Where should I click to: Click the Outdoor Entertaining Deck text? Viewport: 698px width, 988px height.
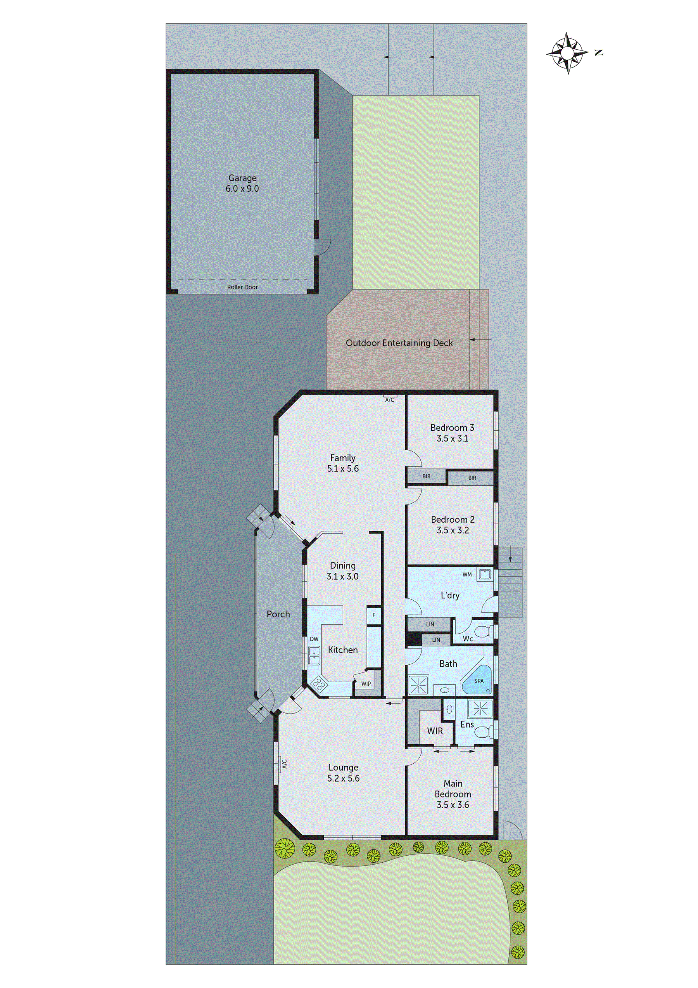coord(399,343)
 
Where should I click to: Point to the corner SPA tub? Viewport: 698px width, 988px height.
coord(478,681)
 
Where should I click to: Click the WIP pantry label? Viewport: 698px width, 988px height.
coord(366,684)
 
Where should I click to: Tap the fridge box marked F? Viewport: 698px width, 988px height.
coord(373,615)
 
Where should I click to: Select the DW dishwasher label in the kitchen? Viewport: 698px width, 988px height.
coord(314,639)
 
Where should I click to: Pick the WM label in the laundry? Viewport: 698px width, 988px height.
coord(467,574)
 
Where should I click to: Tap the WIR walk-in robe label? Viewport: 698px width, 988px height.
coord(435,731)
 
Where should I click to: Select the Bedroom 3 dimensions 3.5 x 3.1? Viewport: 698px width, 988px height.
coord(452,439)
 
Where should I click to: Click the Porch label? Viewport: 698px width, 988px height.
coord(278,614)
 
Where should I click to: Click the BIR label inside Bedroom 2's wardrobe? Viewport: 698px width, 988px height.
coord(426,477)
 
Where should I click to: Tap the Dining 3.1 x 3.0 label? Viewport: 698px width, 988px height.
coord(342,571)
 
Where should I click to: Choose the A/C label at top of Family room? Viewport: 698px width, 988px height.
coord(390,400)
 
